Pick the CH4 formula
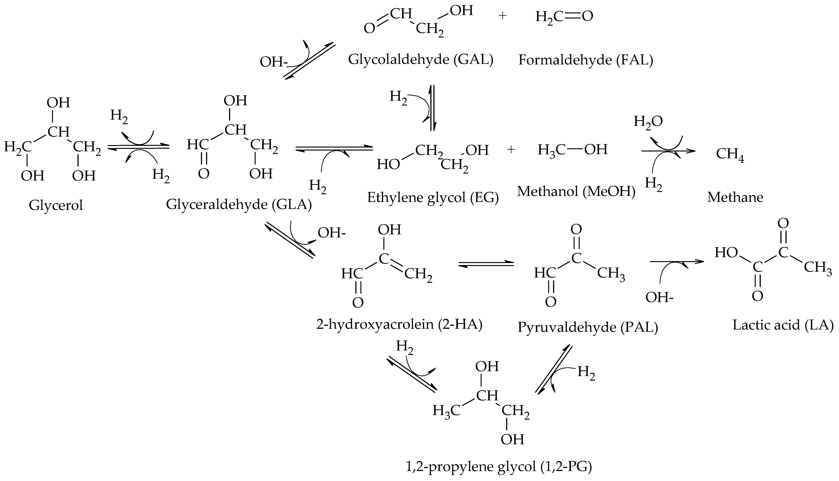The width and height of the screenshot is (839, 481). click(730, 154)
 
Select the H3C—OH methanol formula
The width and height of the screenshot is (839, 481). click(572, 150)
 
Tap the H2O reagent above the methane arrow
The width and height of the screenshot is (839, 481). click(648, 122)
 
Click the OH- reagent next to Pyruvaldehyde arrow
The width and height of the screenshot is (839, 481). click(659, 298)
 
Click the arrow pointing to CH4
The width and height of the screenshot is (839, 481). click(668, 151)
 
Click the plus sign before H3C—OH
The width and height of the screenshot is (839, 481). click(511, 150)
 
